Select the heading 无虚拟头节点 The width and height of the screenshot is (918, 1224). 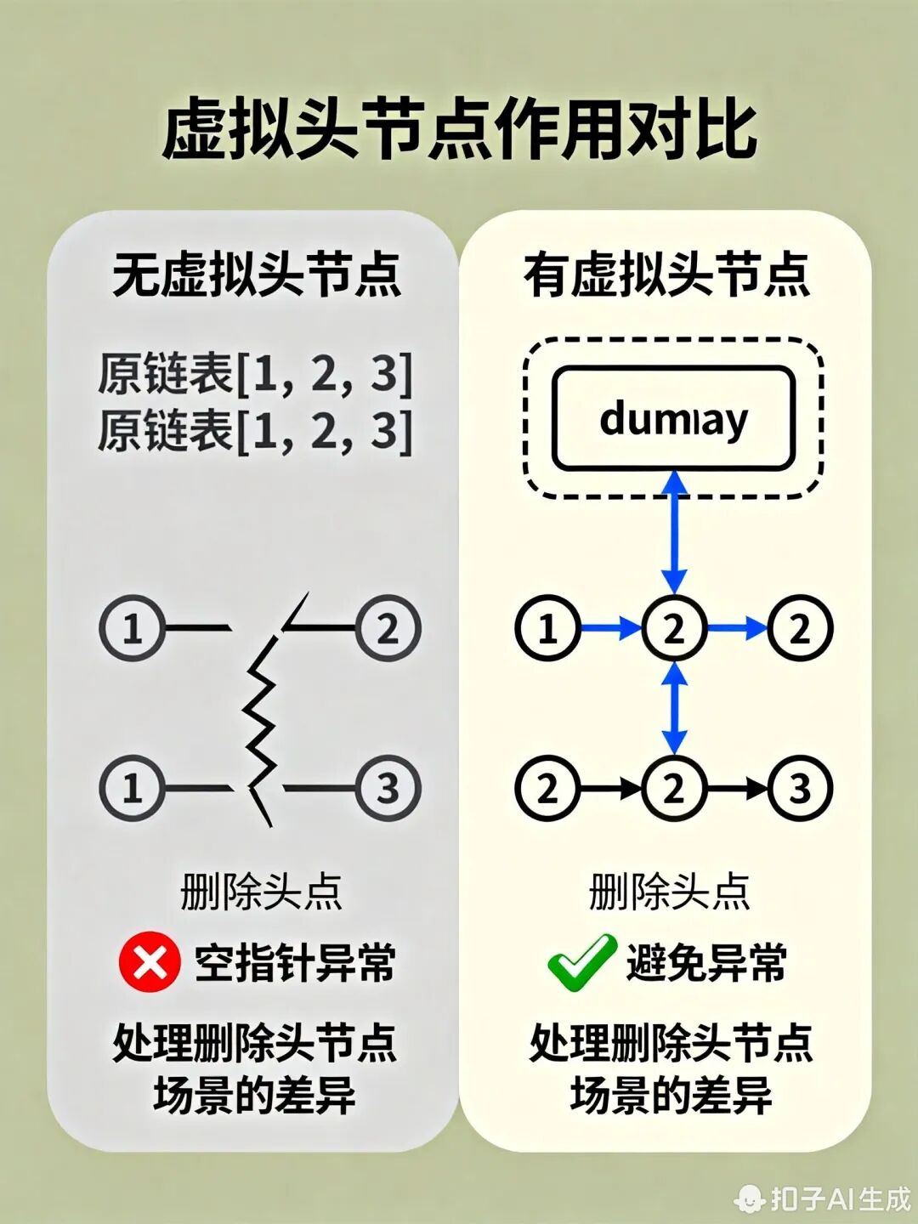coord(256,275)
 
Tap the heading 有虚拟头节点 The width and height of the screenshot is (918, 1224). coord(666,275)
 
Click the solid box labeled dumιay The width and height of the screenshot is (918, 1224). coord(673,418)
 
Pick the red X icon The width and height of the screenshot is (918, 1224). coord(150,963)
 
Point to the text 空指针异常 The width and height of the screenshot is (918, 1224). coord(295,963)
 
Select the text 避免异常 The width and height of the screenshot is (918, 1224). coord(706,963)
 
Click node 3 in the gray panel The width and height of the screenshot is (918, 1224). coord(388,788)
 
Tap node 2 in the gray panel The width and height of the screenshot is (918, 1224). coord(388,629)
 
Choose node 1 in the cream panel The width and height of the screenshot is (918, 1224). coord(547,629)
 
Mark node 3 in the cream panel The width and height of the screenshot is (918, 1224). coord(800,788)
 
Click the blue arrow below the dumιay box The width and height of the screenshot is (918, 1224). coord(674,531)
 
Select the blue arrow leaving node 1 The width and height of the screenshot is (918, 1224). coord(610,629)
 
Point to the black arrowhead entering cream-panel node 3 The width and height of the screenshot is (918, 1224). coord(758,788)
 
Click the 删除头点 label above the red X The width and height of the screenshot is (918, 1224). coord(261,892)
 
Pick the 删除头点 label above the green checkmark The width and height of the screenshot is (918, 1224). coord(669,892)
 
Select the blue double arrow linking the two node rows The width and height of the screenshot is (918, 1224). coord(674,708)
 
